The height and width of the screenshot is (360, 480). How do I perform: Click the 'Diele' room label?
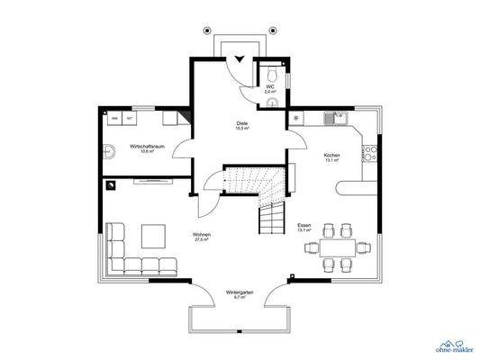tap(242, 123)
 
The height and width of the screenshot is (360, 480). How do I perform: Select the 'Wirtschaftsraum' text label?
tap(146, 146)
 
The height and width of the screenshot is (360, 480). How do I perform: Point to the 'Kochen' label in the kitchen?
tap(331, 155)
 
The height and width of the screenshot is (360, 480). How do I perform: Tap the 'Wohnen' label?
tap(201, 236)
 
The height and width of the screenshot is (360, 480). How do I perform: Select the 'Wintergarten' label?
tap(240, 292)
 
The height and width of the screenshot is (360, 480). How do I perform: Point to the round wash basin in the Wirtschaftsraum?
tap(108, 150)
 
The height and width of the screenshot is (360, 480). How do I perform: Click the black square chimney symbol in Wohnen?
tap(112, 185)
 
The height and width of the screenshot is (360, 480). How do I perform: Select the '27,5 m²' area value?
tap(201, 241)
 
